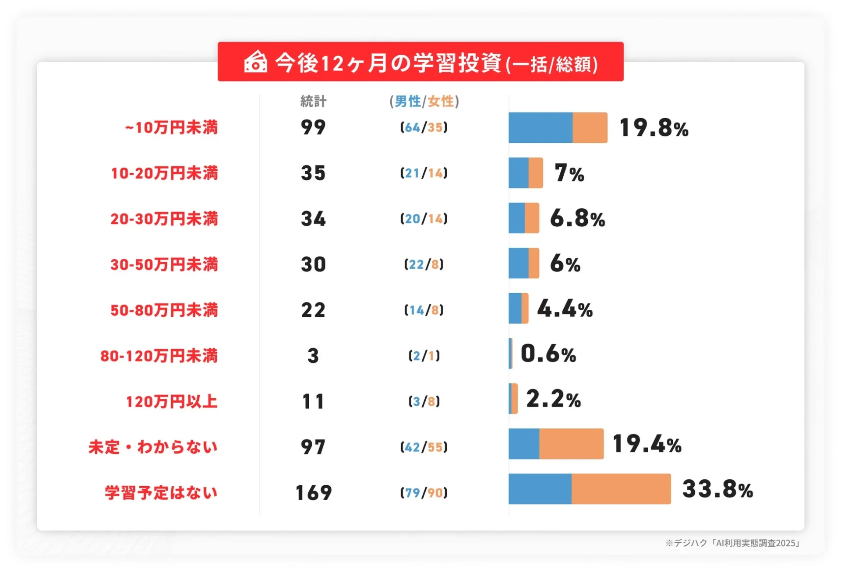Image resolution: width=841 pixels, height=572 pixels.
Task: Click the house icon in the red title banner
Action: click(255, 62)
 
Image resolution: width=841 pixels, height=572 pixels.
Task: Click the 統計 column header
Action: click(313, 102)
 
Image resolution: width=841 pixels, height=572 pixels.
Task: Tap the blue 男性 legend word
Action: click(407, 102)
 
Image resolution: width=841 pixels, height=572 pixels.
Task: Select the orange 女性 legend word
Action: click(441, 102)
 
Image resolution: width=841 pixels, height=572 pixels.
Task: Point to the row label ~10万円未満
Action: click(171, 128)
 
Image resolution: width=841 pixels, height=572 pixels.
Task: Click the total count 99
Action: click(313, 128)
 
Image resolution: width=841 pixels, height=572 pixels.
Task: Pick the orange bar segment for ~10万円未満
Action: click(590, 128)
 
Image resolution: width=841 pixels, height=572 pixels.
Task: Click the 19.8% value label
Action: click(654, 128)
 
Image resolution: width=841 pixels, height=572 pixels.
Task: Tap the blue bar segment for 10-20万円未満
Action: click(519, 173)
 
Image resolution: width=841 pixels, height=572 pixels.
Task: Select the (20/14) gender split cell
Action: click(424, 219)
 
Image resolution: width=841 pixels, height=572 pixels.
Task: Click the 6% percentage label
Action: click(565, 264)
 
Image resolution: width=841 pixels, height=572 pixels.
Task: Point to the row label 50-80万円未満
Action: click(164, 310)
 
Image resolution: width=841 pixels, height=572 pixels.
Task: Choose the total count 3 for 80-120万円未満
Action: click(313, 356)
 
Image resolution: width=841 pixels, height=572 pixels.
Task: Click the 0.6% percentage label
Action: click(548, 354)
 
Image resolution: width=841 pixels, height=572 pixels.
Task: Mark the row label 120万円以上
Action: click(171, 401)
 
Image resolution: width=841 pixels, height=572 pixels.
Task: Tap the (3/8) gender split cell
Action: click(424, 401)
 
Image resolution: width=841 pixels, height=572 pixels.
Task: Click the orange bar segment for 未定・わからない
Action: click(571, 444)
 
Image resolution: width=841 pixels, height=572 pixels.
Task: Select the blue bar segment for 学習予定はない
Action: click(540, 489)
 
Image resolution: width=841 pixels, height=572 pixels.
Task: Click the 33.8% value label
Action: click(717, 490)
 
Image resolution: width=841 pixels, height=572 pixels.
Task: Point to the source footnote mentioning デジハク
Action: click(732, 543)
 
